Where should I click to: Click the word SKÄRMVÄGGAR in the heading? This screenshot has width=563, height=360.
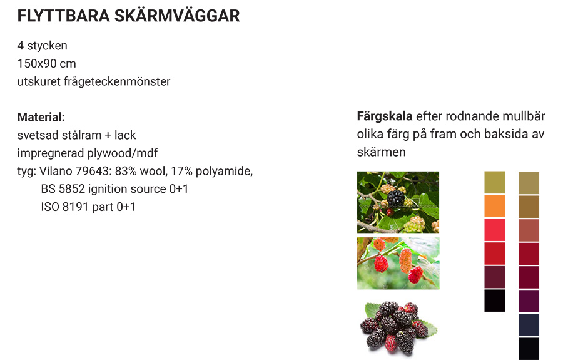point(177,16)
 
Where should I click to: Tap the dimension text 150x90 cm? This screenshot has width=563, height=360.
point(47,64)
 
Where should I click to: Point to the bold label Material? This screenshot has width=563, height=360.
point(41,117)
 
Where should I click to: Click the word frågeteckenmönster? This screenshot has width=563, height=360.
point(117,81)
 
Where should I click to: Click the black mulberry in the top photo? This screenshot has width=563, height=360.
point(396,198)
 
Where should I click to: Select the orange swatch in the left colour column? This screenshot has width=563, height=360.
point(494,206)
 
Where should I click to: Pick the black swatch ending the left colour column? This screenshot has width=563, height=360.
point(494,301)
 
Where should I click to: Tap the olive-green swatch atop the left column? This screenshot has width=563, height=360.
point(494,182)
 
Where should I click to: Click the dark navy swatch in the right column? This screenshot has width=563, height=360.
point(529,325)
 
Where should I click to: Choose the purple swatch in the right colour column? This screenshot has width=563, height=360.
point(529,301)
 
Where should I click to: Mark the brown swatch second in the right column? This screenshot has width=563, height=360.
point(529,207)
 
